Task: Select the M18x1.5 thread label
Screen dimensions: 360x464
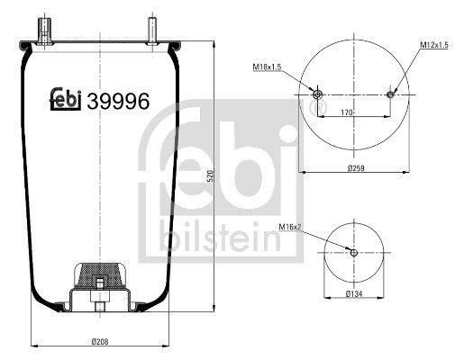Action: click(265, 67)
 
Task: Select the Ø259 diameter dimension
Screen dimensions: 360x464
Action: click(356, 166)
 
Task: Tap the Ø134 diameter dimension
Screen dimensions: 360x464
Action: click(355, 294)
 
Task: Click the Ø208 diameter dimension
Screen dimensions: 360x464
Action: click(100, 338)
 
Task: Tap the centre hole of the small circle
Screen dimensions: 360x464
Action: click(354, 252)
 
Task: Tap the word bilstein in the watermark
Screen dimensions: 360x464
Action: click(231, 237)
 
